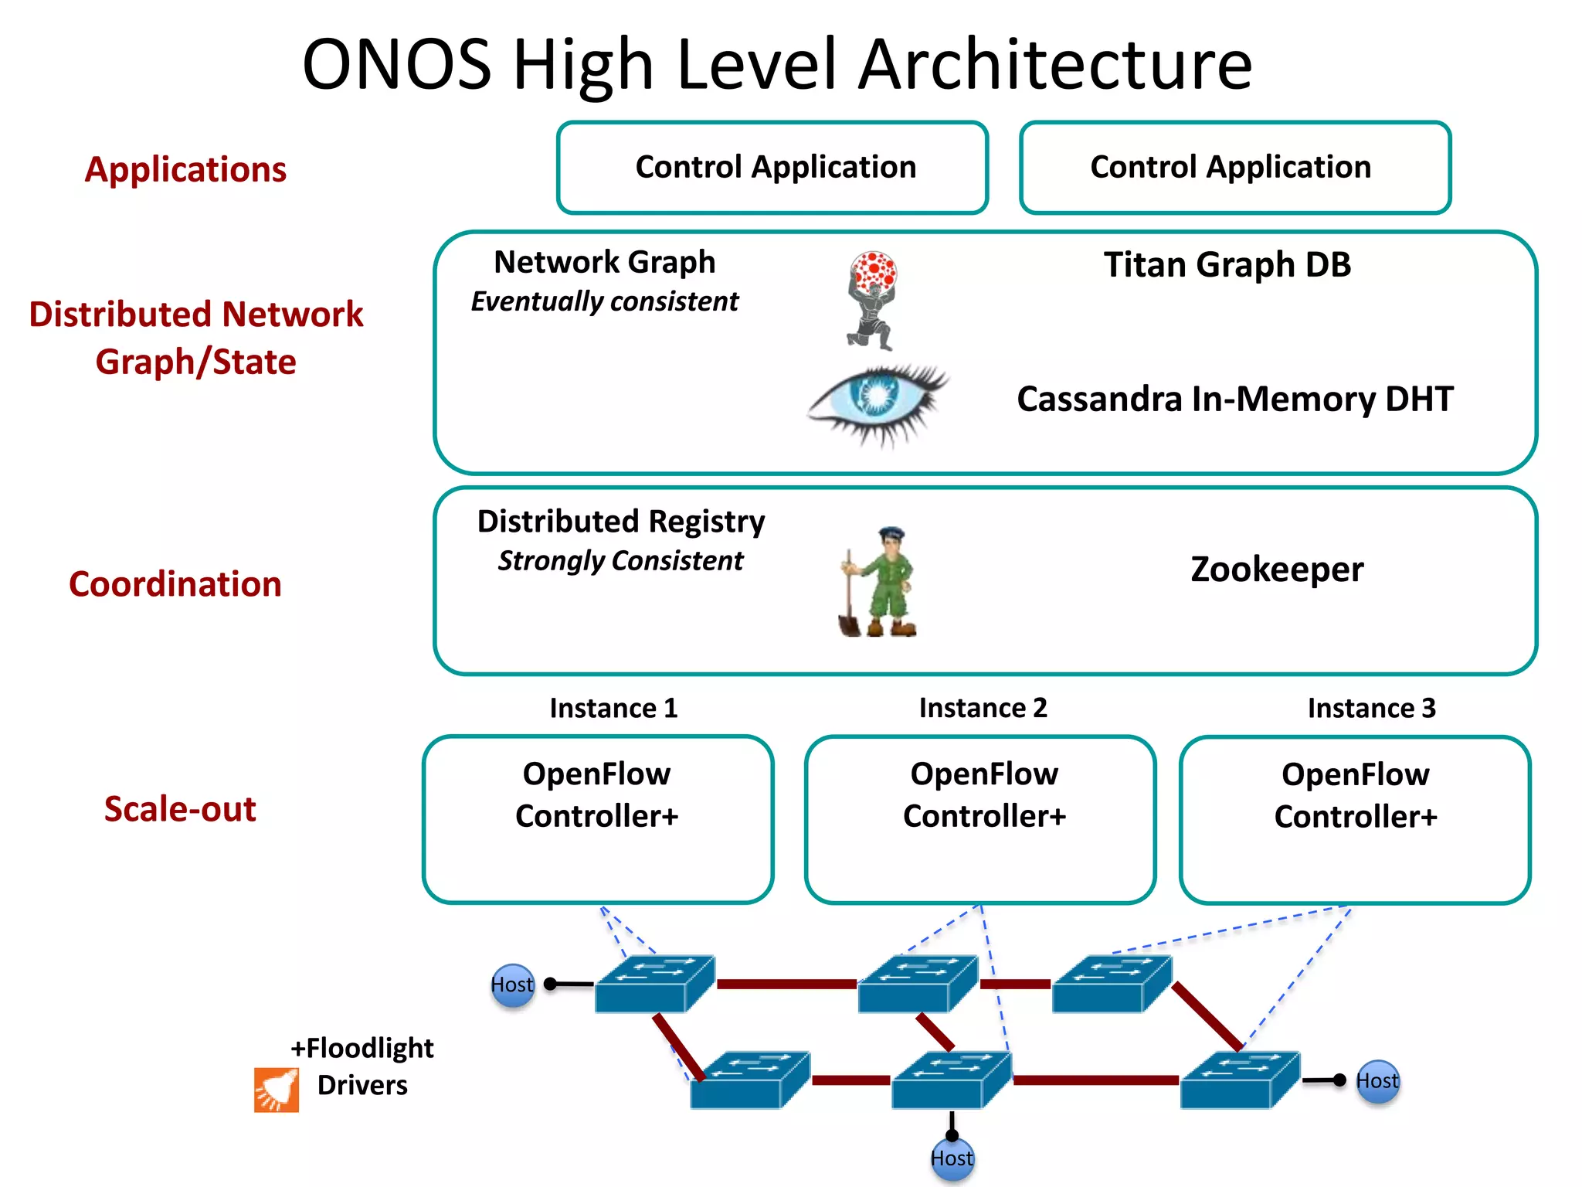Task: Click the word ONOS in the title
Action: [396, 65]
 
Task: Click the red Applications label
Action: [185, 169]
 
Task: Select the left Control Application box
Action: [772, 168]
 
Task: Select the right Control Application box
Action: [1234, 168]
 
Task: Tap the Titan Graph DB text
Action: [1227, 265]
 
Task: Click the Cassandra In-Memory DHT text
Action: [1234, 400]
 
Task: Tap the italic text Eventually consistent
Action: [605, 301]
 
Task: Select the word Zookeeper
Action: [1276, 570]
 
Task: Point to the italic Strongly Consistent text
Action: [620, 561]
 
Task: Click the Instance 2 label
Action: [983, 708]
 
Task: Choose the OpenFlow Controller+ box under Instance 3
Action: [1355, 819]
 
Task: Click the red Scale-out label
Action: [180, 809]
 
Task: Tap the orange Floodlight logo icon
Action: [276, 1090]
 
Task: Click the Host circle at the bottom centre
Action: [952, 1158]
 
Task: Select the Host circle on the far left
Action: [512, 985]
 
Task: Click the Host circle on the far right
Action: [1377, 1081]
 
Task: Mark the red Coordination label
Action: [175, 584]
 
